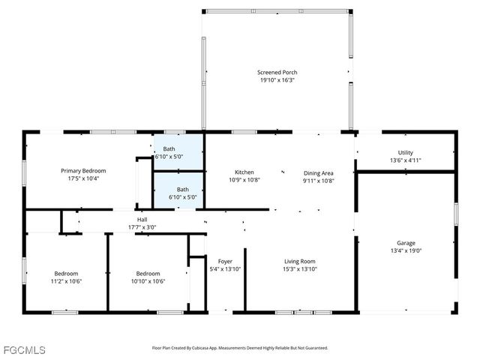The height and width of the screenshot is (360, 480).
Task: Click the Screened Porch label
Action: click(277, 73)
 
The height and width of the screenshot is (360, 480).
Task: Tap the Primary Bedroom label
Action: click(83, 171)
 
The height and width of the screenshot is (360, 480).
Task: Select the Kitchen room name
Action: click(244, 172)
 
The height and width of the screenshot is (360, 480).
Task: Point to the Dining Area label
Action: click(319, 172)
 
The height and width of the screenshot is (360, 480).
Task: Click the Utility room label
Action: click(405, 152)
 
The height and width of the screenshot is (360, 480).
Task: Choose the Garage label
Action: click(406, 243)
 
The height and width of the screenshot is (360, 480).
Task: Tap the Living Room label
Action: click(299, 261)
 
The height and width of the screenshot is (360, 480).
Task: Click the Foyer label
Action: click(224, 261)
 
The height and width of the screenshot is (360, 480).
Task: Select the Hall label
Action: click(142, 220)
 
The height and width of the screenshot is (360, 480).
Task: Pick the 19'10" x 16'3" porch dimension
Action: click(277, 80)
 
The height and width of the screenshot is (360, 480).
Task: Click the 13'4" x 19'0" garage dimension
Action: click(406, 251)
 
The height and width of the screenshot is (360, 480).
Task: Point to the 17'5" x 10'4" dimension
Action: click(83, 178)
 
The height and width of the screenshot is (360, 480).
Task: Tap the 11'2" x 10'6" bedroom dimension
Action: click(66, 281)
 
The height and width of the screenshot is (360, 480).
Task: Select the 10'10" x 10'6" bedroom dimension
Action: click(148, 281)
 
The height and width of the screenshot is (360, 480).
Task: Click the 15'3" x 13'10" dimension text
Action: click(299, 268)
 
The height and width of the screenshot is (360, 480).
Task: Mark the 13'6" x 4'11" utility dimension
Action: click(405, 160)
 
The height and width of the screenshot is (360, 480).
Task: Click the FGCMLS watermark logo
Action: click(24, 350)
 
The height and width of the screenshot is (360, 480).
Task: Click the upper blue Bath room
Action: click(178, 153)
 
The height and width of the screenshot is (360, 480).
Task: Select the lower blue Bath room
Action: click(178, 193)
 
